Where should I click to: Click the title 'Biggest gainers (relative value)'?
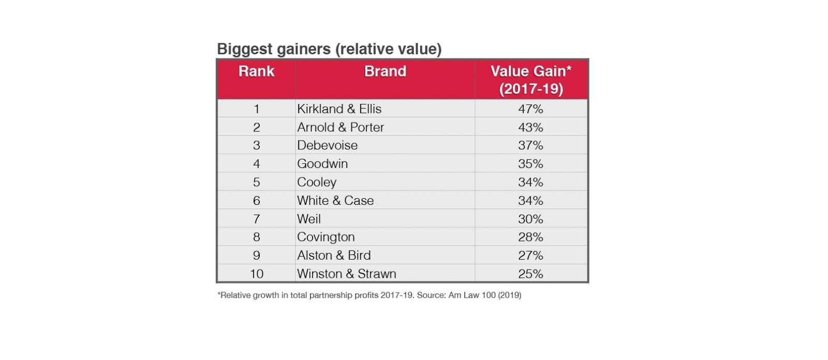329,49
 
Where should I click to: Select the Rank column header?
256,71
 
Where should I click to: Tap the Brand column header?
385,71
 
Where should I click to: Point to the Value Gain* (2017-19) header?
531,80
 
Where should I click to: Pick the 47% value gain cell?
531,109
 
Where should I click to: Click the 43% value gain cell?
531,127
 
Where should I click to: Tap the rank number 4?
257,164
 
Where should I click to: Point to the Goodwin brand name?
322,164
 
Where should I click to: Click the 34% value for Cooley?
531,182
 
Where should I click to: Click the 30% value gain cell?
531,219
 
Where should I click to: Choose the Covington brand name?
326,237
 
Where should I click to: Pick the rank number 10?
257,274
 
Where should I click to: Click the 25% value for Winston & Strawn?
531,274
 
